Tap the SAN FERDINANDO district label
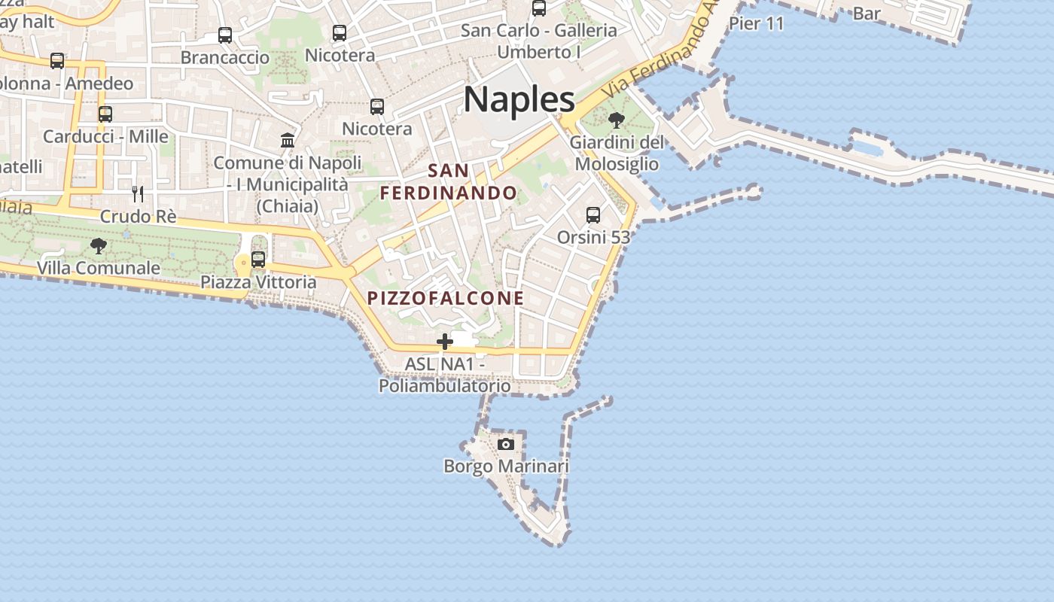pyautogui.click(x=449, y=182)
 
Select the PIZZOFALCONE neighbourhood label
pyautogui.click(x=446, y=298)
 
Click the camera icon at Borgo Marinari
pyautogui.click(x=506, y=444)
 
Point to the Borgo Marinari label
pyautogui.click(x=506, y=467)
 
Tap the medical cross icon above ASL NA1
pyautogui.click(x=445, y=342)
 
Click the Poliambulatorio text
pyautogui.click(x=444, y=386)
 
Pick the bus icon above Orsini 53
pyautogui.click(x=593, y=215)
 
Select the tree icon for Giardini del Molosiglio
pyautogui.click(x=617, y=120)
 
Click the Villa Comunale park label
pyautogui.click(x=99, y=268)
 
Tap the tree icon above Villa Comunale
pyautogui.click(x=99, y=245)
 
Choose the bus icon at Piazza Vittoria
pyautogui.click(x=258, y=260)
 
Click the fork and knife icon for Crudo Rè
pyautogui.click(x=138, y=194)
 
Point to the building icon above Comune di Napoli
pyautogui.click(x=288, y=140)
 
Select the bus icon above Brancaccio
pyautogui.click(x=225, y=35)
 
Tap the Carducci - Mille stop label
pyautogui.click(x=105, y=137)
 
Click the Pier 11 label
pyautogui.click(x=756, y=23)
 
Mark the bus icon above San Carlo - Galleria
pyautogui.click(x=539, y=8)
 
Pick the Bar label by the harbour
pyautogui.click(x=867, y=14)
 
